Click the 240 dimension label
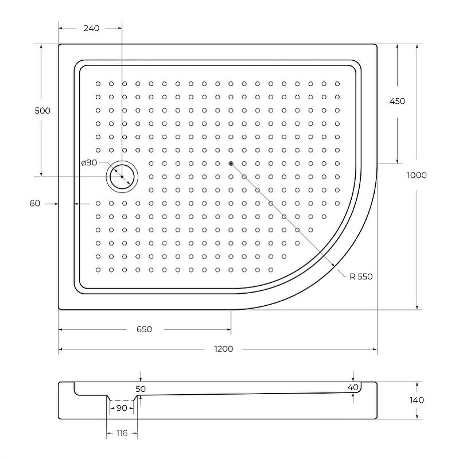pyautogui.click(x=91, y=28)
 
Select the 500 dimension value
pyautogui.click(x=42, y=110)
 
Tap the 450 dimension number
pyautogui.click(x=397, y=101)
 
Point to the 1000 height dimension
pyautogui.click(x=417, y=175)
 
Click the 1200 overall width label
pyautogui.click(x=223, y=349)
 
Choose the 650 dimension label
pyautogui.click(x=144, y=329)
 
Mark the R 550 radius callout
pyautogui.click(x=361, y=277)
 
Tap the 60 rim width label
pyautogui.click(x=35, y=203)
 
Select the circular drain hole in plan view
pyautogui.click(x=122, y=176)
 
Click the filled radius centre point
pyautogui.click(x=231, y=164)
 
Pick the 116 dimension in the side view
pyautogui.click(x=120, y=433)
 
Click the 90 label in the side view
pyautogui.click(x=122, y=408)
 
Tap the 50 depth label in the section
pyautogui.click(x=141, y=389)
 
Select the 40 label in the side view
pyautogui.click(x=353, y=387)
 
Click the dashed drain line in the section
pyautogui.click(x=122, y=400)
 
